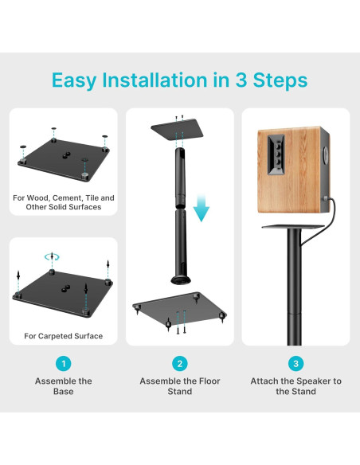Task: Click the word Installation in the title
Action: pos(155,80)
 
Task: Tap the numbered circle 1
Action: pos(64,364)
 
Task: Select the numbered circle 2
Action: pos(180,364)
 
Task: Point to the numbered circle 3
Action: pos(295,364)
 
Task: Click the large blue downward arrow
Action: pos(202,208)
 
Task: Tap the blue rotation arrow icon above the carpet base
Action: pos(52,257)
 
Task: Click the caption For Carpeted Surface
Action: pos(64,336)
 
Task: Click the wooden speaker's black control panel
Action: pos(276,154)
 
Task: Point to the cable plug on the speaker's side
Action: pos(327,198)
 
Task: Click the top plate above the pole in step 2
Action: pos(178,130)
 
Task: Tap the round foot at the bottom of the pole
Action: pos(181,279)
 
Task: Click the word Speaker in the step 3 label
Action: pos(312,381)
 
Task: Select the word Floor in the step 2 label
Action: pos(209,381)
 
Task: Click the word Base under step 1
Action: pos(64,392)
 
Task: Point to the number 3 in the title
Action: pos(241,80)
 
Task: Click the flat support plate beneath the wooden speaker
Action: pos(293,227)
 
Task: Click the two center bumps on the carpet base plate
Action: pos(66,288)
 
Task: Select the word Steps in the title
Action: pos(280,80)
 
